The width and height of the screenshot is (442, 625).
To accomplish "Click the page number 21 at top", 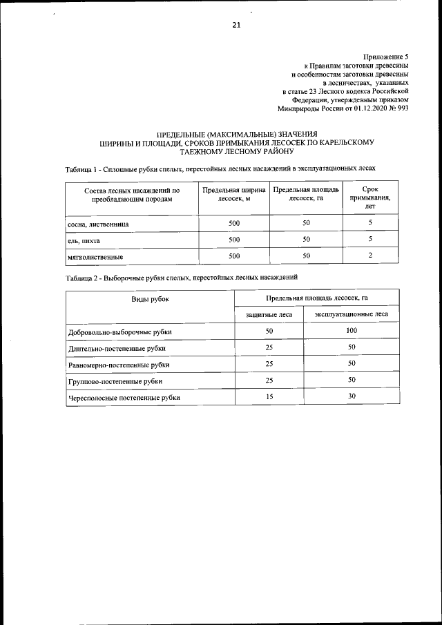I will click(236, 26).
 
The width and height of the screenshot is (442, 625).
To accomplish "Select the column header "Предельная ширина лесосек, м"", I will click(233, 193).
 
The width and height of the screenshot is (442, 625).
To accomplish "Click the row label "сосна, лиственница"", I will click(99, 224).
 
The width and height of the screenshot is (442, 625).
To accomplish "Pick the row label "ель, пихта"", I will click(84, 240).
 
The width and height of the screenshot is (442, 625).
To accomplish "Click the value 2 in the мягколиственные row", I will click(370, 256).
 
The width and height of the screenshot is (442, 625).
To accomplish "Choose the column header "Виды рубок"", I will click(150, 298).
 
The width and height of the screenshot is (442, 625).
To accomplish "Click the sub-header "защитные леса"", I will click(269, 314).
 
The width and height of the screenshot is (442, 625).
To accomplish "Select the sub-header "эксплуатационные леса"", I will click(351, 314).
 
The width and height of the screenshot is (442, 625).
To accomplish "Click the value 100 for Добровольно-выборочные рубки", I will click(351, 331).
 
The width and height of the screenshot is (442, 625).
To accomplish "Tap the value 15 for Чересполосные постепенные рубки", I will click(269, 396).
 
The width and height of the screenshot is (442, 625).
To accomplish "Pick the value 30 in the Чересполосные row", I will click(351, 396).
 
